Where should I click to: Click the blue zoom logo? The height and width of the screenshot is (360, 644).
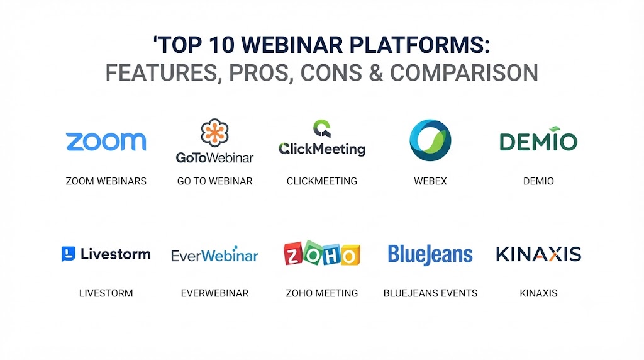pos(106,142)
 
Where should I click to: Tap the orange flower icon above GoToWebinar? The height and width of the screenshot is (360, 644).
pos(215,133)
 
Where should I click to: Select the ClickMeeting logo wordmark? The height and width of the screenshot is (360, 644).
pos(322,149)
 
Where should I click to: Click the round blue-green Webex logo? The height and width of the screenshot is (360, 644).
pos(430,140)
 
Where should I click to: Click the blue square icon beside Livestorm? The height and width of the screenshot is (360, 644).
pos(68,254)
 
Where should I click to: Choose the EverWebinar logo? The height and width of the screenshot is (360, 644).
pos(215,255)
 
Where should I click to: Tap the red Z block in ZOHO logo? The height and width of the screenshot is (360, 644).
pos(293,254)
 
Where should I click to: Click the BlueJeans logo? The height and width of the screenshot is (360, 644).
pos(430,255)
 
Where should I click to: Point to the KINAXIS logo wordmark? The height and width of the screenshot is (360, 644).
pos(538,254)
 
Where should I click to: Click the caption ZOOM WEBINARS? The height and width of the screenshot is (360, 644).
pos(106,181)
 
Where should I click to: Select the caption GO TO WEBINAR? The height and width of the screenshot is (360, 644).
pos(215,181)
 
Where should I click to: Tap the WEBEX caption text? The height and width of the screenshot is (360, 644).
pos(430,181)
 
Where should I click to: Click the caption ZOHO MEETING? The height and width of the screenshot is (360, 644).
pos(322,293)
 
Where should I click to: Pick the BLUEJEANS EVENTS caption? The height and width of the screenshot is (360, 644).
pos(430,293)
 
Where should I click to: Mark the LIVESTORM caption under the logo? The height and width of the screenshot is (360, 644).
pos(106,293)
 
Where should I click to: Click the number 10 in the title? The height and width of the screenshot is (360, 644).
pos(221,45)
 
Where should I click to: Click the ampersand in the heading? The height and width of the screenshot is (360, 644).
pos(376,73)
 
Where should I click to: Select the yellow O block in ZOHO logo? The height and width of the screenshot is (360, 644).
pos(350,256)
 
